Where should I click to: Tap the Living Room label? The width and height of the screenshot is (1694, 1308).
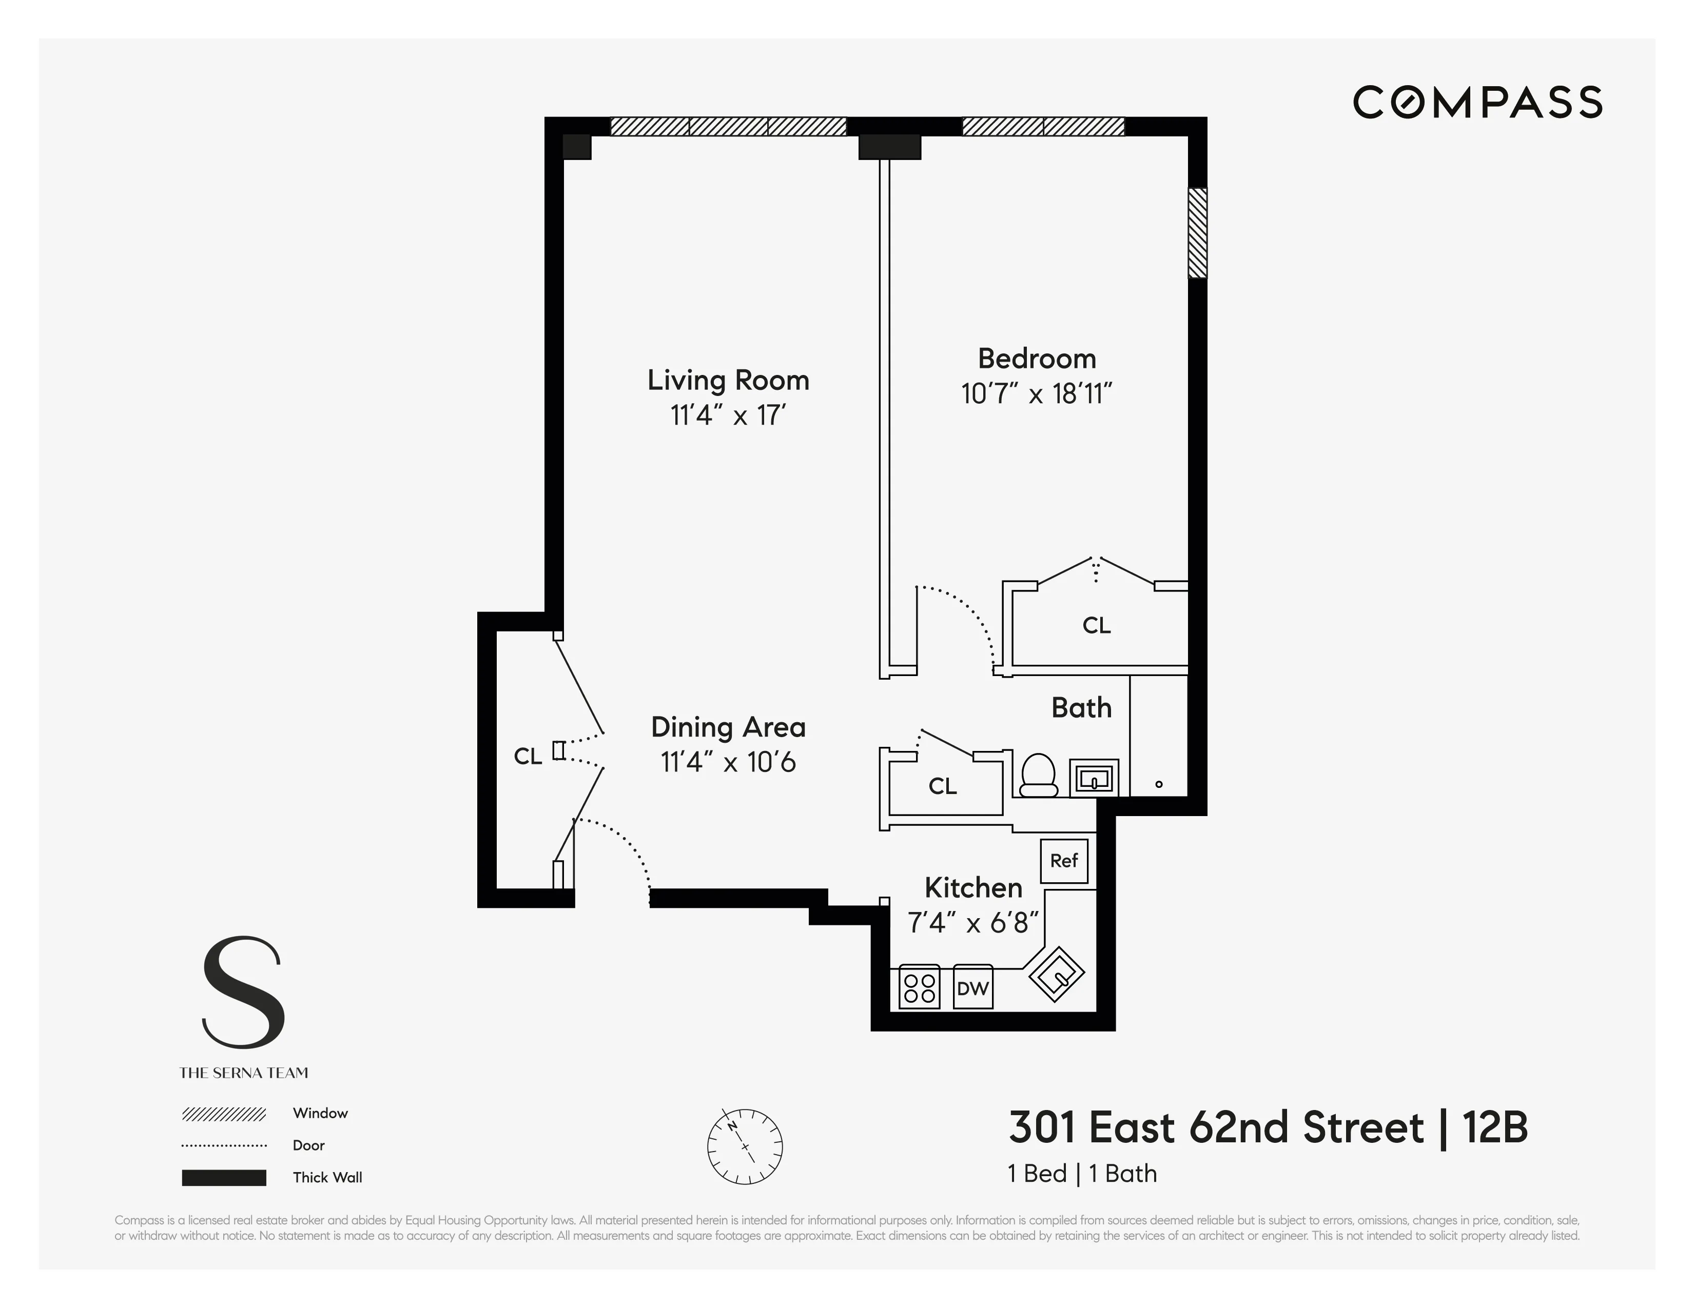coord(728,380)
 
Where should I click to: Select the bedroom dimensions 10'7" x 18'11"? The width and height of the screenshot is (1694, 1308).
coord(1036,394)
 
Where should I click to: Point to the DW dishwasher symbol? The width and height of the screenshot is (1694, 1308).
coord(972,988)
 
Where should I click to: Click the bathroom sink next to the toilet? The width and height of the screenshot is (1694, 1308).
coord(1095,778)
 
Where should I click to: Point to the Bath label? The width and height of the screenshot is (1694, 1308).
coord(1081,708)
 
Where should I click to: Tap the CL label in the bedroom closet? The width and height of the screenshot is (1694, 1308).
coord(1096,625)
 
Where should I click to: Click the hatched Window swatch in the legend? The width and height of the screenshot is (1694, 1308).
coord(224,1114)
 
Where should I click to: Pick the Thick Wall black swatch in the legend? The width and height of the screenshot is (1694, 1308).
coord(224,1178)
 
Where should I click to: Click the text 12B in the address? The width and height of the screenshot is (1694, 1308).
coord(1495,1128)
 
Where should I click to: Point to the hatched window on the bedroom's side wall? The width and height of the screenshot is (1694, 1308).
coord(1198,232)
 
